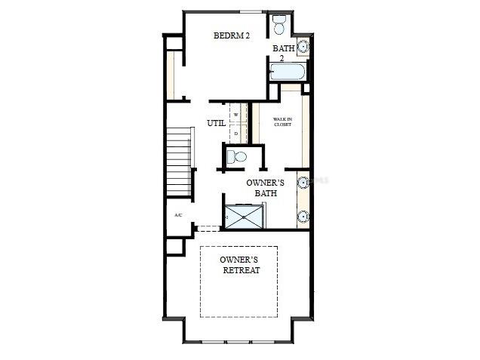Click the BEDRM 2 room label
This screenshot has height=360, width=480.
231,35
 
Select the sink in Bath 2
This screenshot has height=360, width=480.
303,48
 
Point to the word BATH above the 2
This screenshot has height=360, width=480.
284,48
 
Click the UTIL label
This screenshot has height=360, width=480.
216,123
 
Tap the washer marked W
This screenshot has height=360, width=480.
236,115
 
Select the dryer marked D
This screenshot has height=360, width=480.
236,134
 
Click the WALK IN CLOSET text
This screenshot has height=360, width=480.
283,122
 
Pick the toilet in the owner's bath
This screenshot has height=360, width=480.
237,157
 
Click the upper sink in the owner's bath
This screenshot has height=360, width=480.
303,182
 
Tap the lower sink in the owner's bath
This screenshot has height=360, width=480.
303,216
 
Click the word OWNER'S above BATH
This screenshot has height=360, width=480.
265,183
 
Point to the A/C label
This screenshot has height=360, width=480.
178,215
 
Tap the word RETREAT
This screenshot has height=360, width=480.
242,270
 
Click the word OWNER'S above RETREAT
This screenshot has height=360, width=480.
239,259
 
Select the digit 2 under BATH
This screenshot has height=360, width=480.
282,58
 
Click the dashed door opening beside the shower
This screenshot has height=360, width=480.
208,228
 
